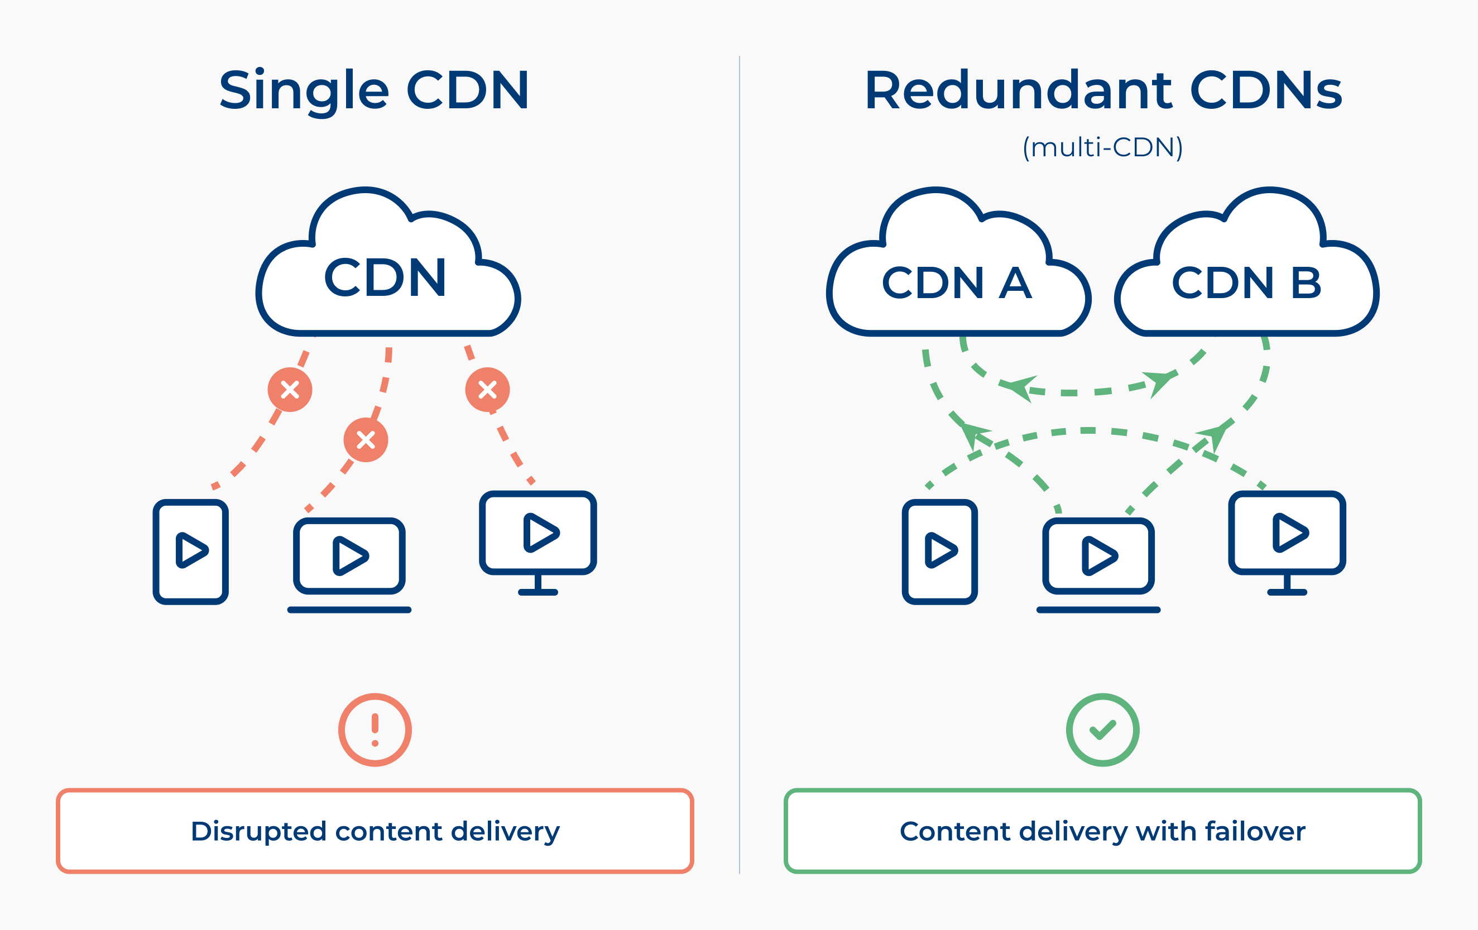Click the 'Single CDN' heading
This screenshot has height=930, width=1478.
[374, 91]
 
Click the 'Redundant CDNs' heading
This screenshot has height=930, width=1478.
[1103, 90]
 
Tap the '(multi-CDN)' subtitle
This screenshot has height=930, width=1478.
[1102, 147]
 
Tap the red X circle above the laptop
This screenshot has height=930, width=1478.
[366, 439]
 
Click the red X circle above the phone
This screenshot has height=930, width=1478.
[290, 390]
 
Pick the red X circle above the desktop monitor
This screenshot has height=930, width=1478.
[487, 390]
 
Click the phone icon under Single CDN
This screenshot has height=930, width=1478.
[191, 552]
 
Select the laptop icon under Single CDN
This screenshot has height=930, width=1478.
[349, 565]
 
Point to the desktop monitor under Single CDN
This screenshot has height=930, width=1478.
[538, 543]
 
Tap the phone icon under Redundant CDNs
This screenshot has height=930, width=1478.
[940, 552]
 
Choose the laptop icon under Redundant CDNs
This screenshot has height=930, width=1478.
[1098, 565]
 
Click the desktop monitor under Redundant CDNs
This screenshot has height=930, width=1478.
[1287, 543]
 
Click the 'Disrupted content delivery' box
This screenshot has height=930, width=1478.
[375, 831]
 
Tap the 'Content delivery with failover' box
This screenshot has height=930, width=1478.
[1103, 831]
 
